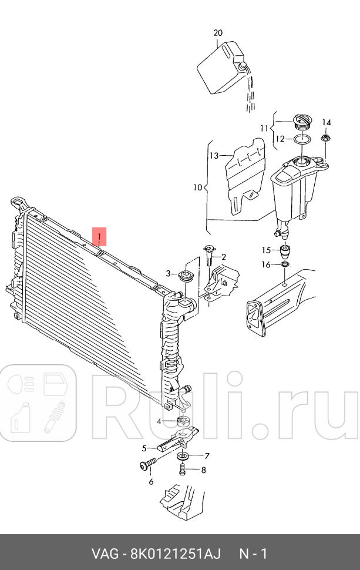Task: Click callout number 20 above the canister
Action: [x=218, y=33]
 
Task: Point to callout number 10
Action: [x=197, y=188]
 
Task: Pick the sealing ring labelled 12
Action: [x=302, y=139]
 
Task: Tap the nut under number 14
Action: [x=325, y=138]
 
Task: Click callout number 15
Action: [x=267, y=250]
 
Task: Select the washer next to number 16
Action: [x=284, y=266]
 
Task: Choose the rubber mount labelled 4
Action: [x=182, y=421]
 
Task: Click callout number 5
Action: [x=143, y=448]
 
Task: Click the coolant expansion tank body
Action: [x=292, y=188]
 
